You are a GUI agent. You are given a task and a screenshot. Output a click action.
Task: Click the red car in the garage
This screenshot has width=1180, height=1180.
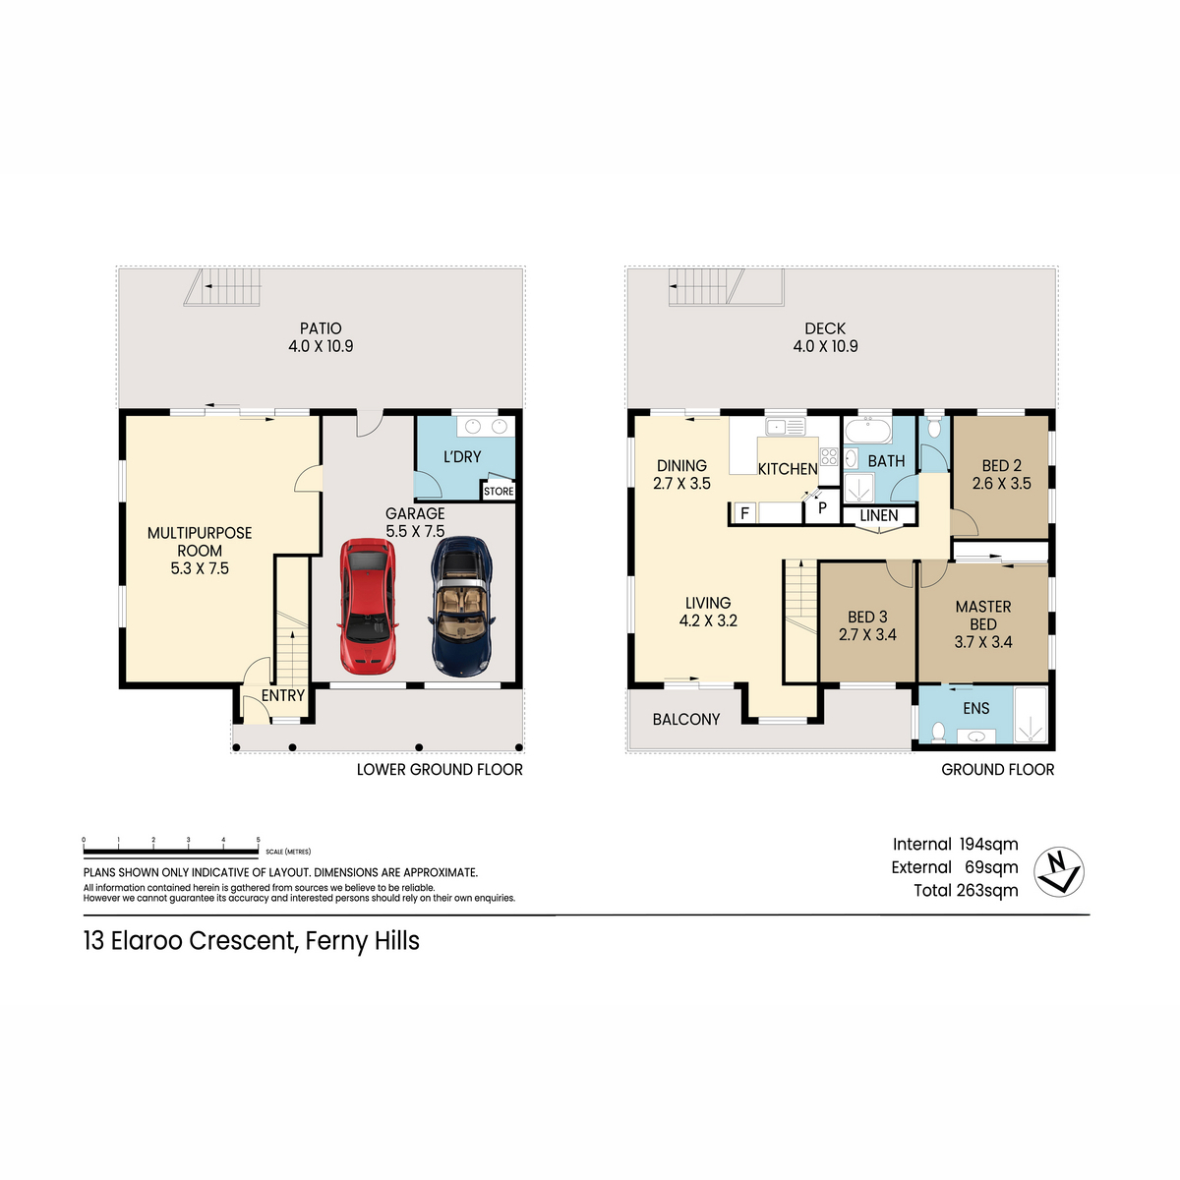pos(367,607)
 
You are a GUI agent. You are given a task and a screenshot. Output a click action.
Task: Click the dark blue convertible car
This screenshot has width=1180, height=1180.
pos(462,607)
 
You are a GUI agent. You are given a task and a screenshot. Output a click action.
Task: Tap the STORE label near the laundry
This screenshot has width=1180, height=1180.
pos(499,491)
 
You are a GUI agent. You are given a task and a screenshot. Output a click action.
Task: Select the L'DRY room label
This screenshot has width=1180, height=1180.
pos(462,457)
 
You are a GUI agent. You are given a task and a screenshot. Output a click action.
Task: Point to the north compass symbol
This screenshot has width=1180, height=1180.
pos(1058,872)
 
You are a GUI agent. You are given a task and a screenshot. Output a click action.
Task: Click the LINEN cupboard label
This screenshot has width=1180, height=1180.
pos(879,515)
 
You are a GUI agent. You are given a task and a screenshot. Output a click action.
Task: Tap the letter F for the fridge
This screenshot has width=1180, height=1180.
pos(744,512)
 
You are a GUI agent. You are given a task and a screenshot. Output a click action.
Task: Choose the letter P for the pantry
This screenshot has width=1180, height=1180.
pos(822,507)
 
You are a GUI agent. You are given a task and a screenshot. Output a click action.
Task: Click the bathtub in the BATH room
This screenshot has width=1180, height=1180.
pos(868,431)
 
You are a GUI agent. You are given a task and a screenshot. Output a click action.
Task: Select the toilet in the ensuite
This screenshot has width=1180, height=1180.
pos(937,731)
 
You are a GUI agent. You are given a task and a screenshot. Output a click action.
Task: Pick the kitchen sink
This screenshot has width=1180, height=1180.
pos(785,426)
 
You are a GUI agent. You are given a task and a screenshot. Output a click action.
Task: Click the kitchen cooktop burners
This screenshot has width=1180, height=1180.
pos(829,456)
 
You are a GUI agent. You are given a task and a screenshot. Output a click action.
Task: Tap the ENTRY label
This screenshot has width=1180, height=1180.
pos(283,695)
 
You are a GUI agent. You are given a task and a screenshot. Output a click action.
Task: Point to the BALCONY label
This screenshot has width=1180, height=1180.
pos(685,720)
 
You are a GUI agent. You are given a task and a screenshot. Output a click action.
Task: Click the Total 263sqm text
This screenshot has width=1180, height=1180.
pos(966,890)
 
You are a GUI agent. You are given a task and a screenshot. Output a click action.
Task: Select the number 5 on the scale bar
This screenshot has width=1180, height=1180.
pos(258,840)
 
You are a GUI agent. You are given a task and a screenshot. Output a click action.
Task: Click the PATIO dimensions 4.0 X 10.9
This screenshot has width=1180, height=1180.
pos(321,346)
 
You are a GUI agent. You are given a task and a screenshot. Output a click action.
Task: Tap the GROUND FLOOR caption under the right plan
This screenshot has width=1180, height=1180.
pos(997,770)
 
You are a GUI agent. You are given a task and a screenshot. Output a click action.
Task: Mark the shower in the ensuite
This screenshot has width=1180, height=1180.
pos(1031,715)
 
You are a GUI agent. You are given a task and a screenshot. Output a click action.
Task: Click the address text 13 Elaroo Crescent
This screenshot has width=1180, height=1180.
pos(190,941)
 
